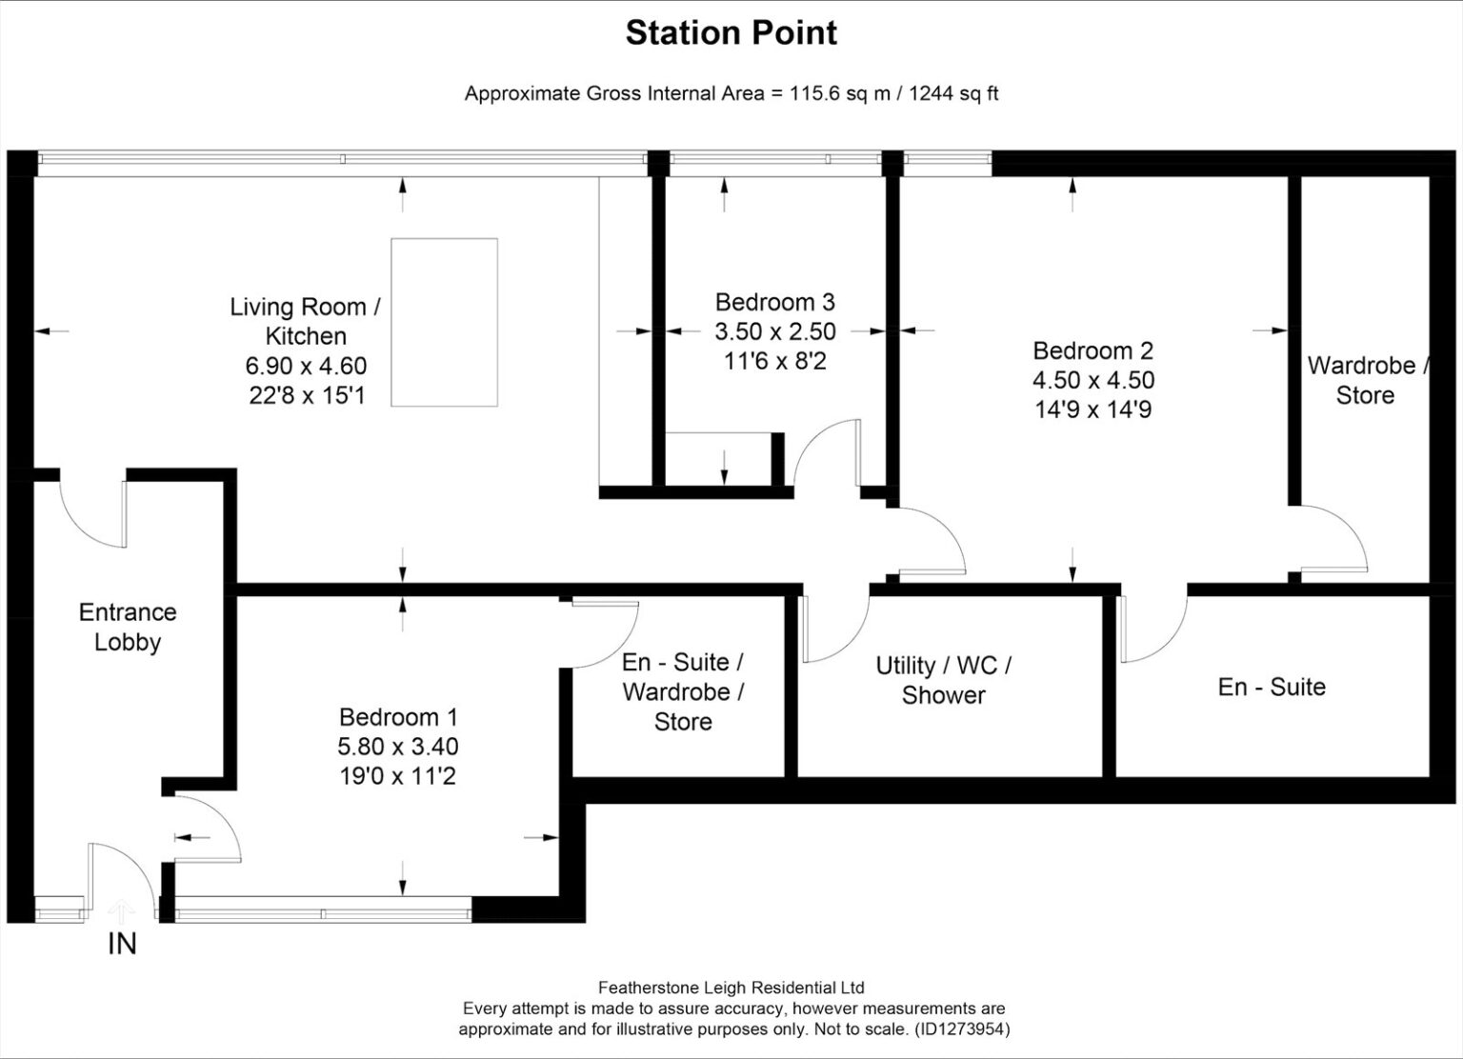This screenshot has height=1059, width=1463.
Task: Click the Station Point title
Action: [x=731, y=33]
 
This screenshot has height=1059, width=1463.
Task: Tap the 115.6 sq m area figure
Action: [x=840, y=94]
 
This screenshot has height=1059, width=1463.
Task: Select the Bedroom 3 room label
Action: [x=774, y=302]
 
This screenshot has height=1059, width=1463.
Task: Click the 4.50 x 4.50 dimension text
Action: [x=1093, y=380]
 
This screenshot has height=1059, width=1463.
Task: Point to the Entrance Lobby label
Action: [x=128, y=627]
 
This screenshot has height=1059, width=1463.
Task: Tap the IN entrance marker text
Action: [x=122, y=944]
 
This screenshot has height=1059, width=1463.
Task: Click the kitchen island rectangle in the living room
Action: [x=444, y=323]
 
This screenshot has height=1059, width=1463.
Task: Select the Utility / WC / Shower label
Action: [x=943, y=680]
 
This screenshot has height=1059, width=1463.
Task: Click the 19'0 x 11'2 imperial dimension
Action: [x=398, y=776]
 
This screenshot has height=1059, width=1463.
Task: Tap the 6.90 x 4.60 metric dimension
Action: [x=306, y=366]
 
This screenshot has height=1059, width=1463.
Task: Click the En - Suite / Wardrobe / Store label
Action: [x=683, y=692]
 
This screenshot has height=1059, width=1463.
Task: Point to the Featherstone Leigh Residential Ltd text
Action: [x=731, y=988]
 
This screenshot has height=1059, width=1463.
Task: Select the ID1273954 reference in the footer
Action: [x=962, y=1029]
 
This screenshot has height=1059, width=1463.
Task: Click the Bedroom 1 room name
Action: [x=398, y=717]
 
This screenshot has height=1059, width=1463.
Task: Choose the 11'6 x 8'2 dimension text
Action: [x=775, y=361]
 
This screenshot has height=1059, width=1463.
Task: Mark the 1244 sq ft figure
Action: [x=953, y=94]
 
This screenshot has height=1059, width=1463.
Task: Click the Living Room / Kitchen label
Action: [x=305, y=321]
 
